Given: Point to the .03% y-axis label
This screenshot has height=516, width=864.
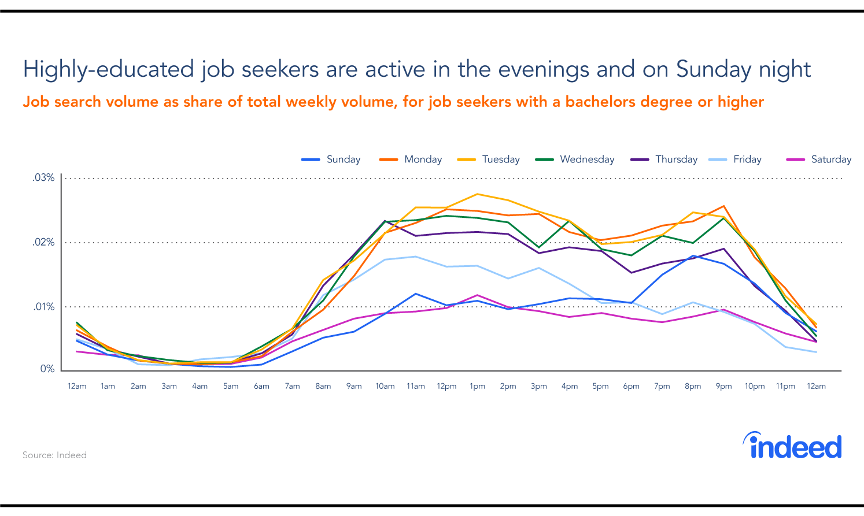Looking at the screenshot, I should (x=43, y=177).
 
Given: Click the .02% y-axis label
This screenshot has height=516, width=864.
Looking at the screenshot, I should (x=43, y=242).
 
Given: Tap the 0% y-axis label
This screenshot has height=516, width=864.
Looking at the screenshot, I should (x=47, y=369).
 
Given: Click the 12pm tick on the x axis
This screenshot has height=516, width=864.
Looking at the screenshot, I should (x=446, y=386).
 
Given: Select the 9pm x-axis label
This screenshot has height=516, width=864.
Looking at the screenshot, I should (x=723, y=386).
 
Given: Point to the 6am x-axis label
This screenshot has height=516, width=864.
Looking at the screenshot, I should (x=261, y=386).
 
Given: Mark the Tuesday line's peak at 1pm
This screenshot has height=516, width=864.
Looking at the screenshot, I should (x=477, y=194).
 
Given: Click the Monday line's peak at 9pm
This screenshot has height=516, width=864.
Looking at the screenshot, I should (x=723, y=206).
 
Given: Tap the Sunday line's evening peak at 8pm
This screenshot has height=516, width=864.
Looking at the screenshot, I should (x=693, y=255).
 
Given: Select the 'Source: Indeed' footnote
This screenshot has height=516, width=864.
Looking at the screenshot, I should (x=54, y=455).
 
